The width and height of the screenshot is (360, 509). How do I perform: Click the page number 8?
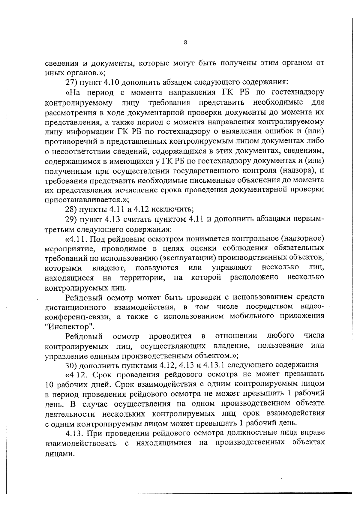point(185,43)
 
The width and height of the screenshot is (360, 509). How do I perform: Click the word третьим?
point(58,229)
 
